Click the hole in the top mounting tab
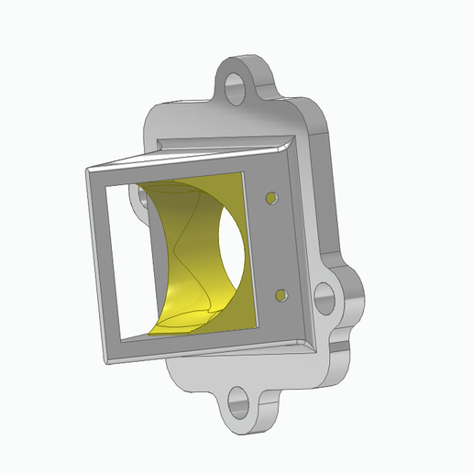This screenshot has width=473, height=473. pos(236,88)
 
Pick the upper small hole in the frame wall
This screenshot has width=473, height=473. pos(271,197)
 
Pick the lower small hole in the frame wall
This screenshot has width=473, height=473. pos(280,295)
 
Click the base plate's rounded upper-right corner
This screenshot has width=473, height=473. pos(321,115)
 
